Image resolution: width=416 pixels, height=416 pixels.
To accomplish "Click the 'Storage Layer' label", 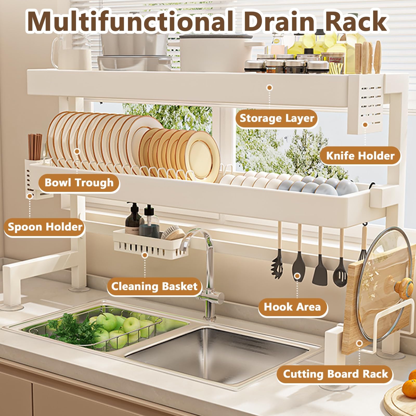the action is click(277, 119).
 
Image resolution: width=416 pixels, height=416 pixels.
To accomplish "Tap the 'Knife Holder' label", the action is click(360, 156).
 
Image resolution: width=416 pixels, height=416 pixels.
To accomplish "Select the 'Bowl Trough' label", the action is click(79, 183).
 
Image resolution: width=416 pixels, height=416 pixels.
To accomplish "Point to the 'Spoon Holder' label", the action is click(45, 227).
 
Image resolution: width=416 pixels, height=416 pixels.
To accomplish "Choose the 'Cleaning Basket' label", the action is click(154, 287).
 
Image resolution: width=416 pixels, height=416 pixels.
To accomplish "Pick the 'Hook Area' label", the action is click(292, 307).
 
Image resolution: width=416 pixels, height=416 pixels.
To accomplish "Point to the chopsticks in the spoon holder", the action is click(35, 147).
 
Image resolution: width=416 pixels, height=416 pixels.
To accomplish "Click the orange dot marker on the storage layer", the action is click(270, 87).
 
